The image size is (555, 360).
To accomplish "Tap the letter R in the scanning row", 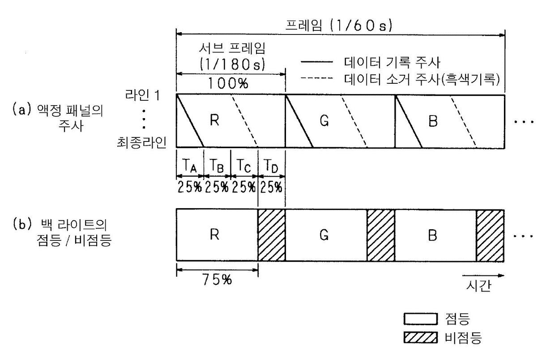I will coord(214,121).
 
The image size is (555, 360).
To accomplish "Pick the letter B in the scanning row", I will coord(432,121).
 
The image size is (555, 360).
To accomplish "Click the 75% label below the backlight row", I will coord(217,281).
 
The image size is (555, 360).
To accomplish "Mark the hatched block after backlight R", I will coord(272,235).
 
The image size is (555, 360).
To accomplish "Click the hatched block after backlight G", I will coord(381,235).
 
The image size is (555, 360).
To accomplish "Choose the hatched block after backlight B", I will coord(490,235).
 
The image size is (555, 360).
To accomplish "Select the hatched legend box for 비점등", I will coord(420,337).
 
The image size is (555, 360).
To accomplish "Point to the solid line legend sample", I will coord(318,62).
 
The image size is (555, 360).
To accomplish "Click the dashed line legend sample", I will coord(318,78).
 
